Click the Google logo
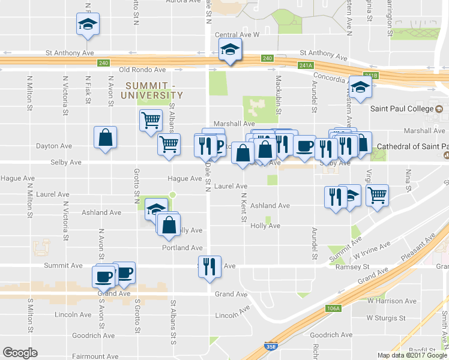[x=20, y=353]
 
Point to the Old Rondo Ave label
[x=142, y=70]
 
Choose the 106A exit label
[x=334, y=308]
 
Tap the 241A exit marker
[x=306, y=65]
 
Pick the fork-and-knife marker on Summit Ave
[x=209, y=266]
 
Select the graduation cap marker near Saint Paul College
[x=360, y=88]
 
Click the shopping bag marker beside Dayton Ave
[x=106, y=138]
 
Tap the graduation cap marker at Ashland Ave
[x=156, y=209]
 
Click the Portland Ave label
[x=182, y=248]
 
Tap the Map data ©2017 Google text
[x=412, y=355]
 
